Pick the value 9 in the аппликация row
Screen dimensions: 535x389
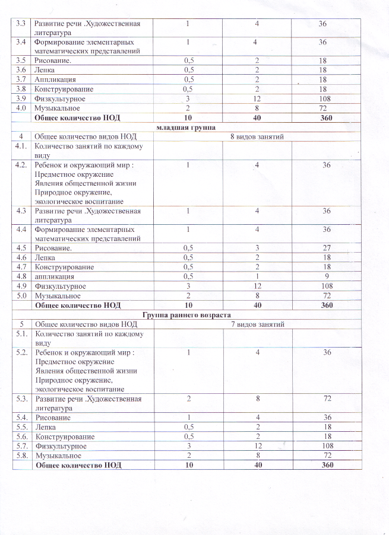click(x=326, y=276)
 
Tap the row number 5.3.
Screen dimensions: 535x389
click(x=21, y=399)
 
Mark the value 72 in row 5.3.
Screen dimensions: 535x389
click(x=326, y=399)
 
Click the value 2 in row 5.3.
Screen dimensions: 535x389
click(x=188, y=399)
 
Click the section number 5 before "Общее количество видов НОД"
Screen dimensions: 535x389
click(x=21, y=324)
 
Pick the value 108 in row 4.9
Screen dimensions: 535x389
click(x=326, y=285)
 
